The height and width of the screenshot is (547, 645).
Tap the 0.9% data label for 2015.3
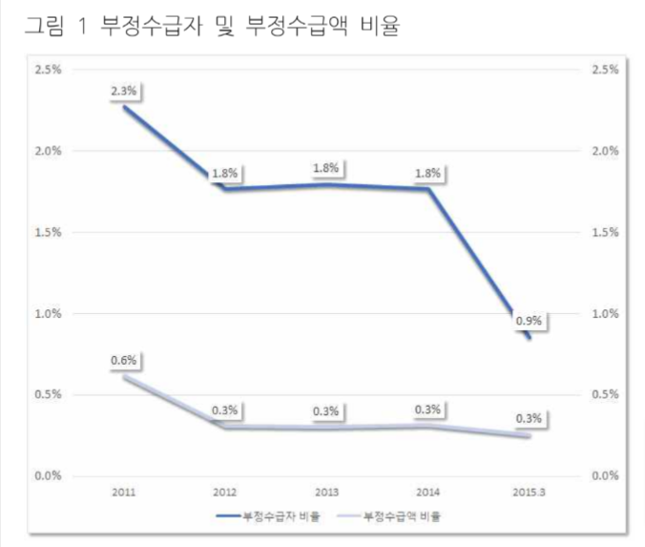point(529,321)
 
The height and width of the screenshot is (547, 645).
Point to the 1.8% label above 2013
point(326,169)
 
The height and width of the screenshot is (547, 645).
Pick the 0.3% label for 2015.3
point(529,418)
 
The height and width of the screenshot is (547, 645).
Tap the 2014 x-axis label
point(427,492)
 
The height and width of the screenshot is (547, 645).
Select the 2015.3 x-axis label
point(529,492)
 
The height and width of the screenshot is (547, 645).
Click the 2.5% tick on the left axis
point(47,70)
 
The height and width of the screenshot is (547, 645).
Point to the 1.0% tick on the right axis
point(606,313)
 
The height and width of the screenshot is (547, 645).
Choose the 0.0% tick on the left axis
point(47,475)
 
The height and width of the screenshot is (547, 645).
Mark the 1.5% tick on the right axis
point(606,232)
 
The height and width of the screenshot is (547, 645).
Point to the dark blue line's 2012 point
point(226,188)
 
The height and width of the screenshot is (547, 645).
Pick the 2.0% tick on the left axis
point(47,151)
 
